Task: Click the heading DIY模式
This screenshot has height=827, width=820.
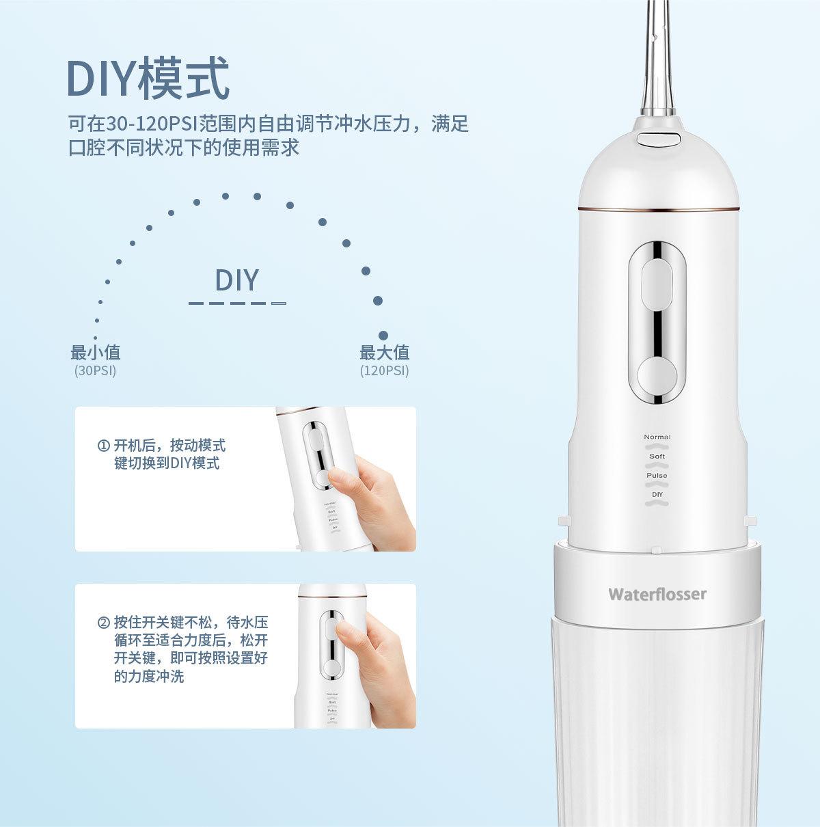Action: point(148,79)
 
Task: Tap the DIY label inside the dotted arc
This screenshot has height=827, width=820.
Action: point(237,280)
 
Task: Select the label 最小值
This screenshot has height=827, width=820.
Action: point(95,353)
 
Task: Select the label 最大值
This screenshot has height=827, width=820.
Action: point(384,353)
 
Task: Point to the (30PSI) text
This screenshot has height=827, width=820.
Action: point(95,370)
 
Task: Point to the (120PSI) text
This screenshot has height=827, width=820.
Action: point(384,370)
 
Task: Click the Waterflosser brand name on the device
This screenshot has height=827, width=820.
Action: point(657,594)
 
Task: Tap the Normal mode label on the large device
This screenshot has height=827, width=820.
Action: point(657,437)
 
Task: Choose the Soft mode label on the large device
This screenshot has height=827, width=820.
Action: point(657,456)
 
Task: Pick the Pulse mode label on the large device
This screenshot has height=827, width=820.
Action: point(657,475)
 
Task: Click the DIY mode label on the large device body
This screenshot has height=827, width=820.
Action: point(657,494)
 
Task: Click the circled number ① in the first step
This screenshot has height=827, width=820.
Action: point(104,446)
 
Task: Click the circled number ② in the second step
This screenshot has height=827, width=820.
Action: point(104,623)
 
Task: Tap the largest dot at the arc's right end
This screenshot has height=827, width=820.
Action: point(383,336)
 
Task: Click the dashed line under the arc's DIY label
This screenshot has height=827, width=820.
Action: point(237,303)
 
